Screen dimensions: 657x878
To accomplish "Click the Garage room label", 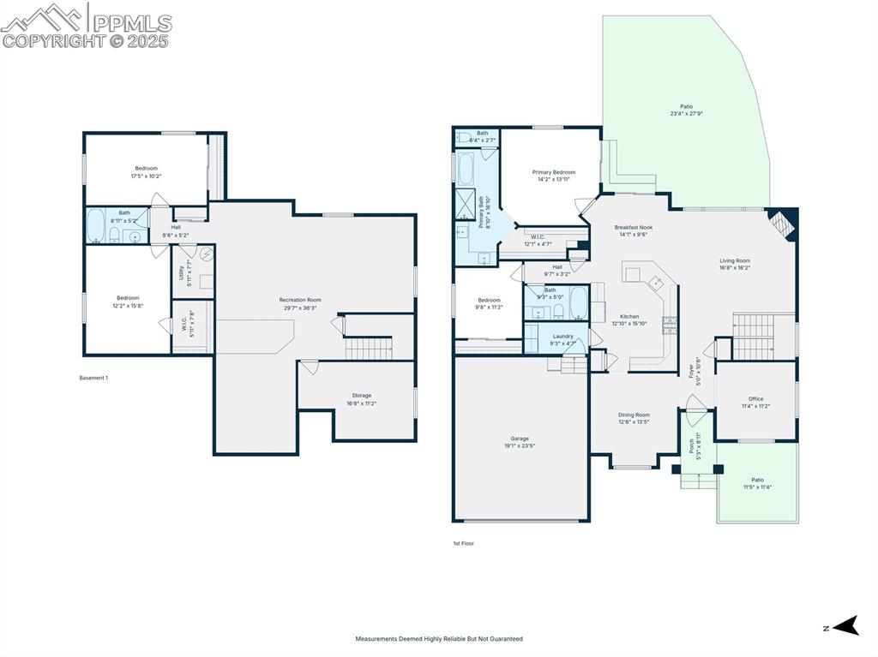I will click(520, 441).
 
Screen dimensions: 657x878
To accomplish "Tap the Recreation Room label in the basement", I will click(299, 303).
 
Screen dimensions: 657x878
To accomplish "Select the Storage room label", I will click(361, 399).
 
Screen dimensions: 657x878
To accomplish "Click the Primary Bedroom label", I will click(553, 176).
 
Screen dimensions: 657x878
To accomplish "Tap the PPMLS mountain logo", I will click(43, 17).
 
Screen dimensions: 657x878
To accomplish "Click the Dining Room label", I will click(634, 418).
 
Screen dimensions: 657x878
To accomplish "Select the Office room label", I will click(755, 402).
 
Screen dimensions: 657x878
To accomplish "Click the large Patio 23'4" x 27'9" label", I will click(686, 110).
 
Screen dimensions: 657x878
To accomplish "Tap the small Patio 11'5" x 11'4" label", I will click(757, 483).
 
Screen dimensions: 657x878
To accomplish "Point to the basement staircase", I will click(367, 348).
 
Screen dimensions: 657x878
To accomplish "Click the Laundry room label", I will click(562, 339).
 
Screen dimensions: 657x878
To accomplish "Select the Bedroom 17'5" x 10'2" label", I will click(146, 171).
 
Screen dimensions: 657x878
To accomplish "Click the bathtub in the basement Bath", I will click(96, 227).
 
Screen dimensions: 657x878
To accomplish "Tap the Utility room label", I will click(182, 274).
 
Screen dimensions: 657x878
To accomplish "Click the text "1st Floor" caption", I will click(463, 543).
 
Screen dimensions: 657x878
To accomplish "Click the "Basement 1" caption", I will click(93, 378).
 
